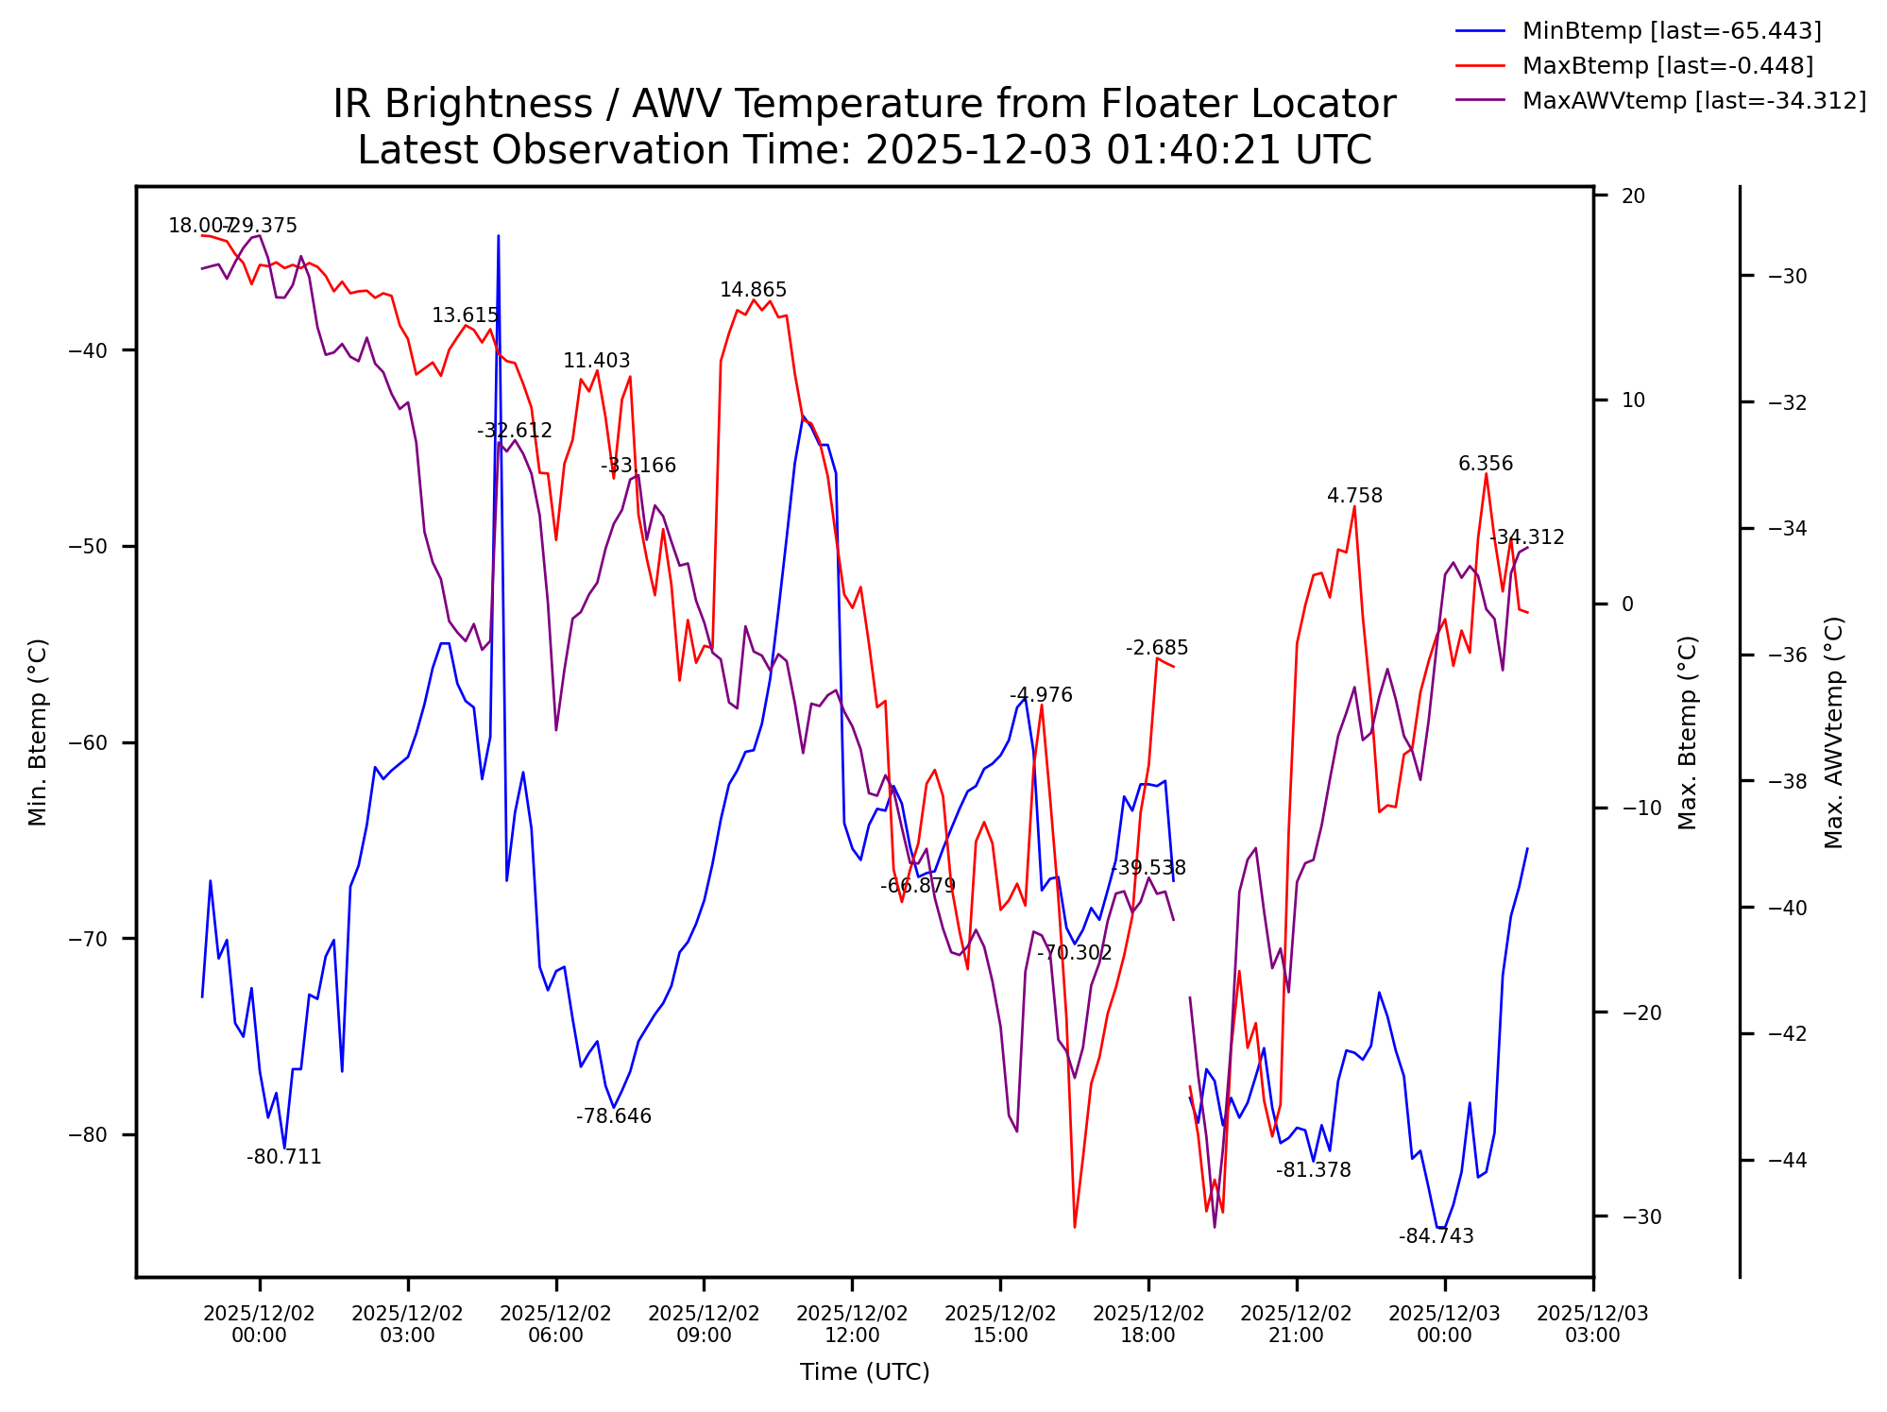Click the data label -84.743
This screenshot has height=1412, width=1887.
pos(1436,1236)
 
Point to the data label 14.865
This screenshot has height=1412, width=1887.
pos(753,290)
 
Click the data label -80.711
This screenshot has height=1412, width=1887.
pos(283,1157)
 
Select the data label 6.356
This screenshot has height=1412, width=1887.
pos(1486,464)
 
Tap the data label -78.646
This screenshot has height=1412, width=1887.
pos(614,1116)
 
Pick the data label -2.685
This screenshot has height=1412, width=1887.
pos(1157,648)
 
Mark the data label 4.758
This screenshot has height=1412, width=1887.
pos(1354,496)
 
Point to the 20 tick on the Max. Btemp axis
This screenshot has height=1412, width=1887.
pos(1633,196)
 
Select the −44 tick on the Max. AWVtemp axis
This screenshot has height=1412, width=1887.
pos(1787,1160)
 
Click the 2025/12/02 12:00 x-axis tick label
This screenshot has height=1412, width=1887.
pos(852,1324)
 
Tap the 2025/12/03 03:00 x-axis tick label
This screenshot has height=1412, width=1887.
pos(1592,1324)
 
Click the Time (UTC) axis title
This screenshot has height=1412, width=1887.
pos(864,1372)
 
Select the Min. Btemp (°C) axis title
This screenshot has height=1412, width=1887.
pos(38,732)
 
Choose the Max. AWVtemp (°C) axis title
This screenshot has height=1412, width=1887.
pos(1834,732)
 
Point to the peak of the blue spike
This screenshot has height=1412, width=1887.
pos(499,236)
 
